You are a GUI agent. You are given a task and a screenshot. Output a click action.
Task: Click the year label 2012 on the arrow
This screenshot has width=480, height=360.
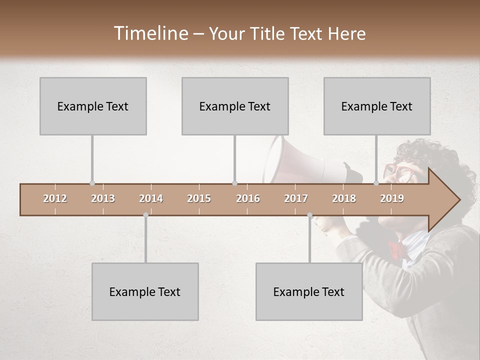click(x=55, y=198)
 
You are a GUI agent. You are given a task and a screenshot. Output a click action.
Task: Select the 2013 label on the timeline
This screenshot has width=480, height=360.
click(x=103, y=198)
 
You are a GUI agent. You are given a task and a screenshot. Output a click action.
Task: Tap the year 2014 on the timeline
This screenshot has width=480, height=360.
click(x=151, y=198)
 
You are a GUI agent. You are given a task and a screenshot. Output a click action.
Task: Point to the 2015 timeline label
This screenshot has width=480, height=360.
click(x=199, y=198)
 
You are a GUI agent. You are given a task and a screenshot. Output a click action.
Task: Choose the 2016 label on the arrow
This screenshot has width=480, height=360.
click(x=248, y=198)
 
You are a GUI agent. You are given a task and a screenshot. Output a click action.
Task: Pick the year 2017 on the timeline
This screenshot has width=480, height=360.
click(x=296, y=198)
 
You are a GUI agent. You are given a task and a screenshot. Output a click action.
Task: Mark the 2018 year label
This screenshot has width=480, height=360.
click(x=344, y=198)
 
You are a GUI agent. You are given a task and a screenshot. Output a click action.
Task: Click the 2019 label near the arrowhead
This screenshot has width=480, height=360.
click(x=392, y=198)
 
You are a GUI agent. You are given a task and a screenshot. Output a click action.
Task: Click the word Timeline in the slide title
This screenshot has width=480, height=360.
click(x=150, y=33)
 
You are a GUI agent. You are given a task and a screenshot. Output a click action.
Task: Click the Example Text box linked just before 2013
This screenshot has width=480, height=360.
click(x=93, y=106)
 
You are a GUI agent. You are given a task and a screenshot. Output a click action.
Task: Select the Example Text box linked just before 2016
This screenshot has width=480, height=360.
click(x=235, y=106)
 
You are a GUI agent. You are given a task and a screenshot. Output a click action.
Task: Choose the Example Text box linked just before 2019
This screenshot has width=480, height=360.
click(x=377, y=106)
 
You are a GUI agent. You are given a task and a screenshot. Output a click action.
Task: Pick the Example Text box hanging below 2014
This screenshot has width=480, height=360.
click(x=145, y=291)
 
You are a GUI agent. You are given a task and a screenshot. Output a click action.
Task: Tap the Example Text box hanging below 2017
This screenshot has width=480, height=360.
click(x=309, y=291)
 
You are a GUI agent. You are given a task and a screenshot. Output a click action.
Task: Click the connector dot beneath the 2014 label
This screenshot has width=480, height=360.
click(x=145, y=215)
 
